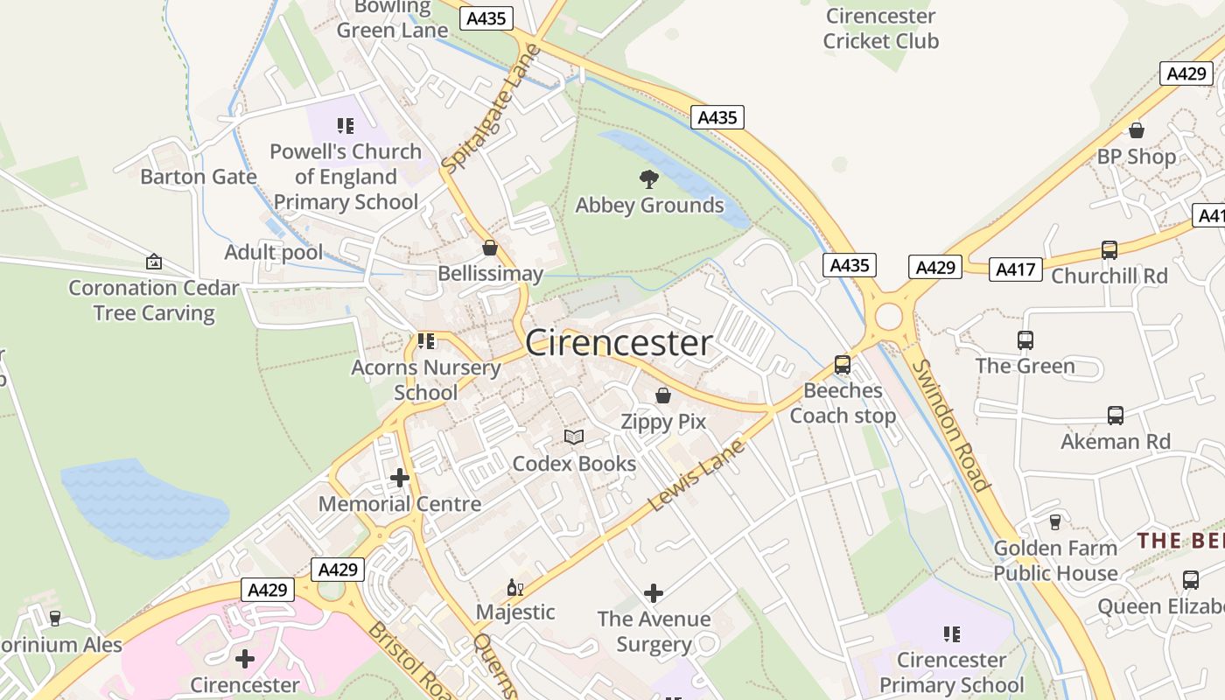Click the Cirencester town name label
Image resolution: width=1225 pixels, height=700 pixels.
pyautogui.click(x=619, y=343)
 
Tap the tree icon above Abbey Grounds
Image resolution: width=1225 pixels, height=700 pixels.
pyautogui.click(x=649, y=179)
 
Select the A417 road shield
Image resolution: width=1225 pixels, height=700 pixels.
pyautogui.click(x=1016, y=269)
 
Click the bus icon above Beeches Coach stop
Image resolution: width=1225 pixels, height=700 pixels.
pyautogui.click(x=843, y=365)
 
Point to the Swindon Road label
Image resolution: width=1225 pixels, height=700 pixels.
pyautogui.click(x=950, y=426)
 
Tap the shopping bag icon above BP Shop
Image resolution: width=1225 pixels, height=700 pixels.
pyautogui.click(x=1137, y=131)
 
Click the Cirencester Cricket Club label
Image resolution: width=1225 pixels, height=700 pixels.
pyautogui.click(x=880, y=29)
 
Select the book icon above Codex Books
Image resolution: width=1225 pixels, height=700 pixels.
pyautogui.click(x=574, y=437)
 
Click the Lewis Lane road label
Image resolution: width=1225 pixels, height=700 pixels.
pyautogui.click(x=696, y=476)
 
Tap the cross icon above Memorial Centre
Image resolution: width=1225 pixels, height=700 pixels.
pyautogui.click(x=400, y=478)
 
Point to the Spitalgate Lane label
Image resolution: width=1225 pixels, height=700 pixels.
pyautogui.click(x=492, y=108)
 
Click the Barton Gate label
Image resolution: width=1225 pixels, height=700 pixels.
pyautogui.click(x=199, y=177)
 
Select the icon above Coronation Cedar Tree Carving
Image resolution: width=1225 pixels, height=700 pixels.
pyautogui.click(x=154, y=262)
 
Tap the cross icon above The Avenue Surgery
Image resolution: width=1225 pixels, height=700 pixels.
pyautogui.click(x=654, y=593)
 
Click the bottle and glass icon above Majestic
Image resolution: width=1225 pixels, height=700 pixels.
pyautogui.click(x=514, y=587)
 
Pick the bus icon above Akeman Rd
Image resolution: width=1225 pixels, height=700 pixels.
pyautogui.click(x=1116, y=416)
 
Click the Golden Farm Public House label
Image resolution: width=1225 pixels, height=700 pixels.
pyautogui.click(x=1055, y=561)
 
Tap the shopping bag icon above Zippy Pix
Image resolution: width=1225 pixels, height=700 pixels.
pyautogui.click(x=663, y=395)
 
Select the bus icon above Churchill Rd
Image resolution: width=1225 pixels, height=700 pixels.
pyautogui.click(x=1109, y=250)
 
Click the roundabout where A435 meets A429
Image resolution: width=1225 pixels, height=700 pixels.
pyautogui.click(x=888, y=316)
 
